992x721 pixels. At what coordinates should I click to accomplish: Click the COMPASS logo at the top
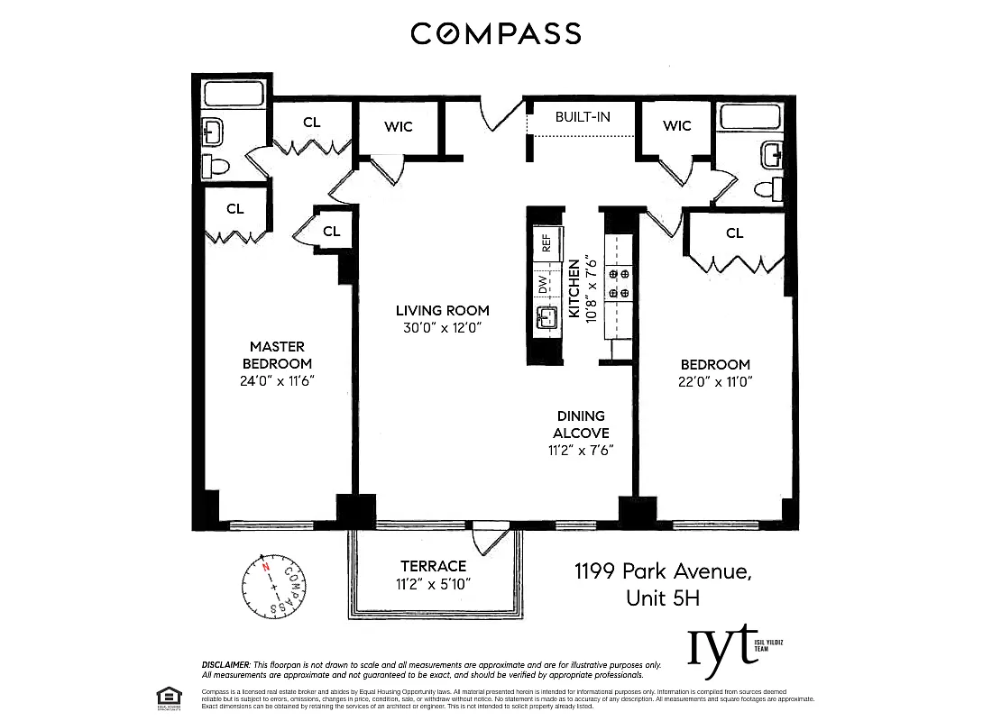pyautogui.click(x=495, y=34)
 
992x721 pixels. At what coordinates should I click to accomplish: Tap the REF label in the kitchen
pyautogui.click(x=546, y=242)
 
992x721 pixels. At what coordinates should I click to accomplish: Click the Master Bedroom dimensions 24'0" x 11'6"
pyautogui.click(x=277, y=380)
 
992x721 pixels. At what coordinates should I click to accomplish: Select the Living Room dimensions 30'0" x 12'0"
pyautogui.click(x=442, y=328)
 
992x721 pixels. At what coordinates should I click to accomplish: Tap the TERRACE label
pyautogui.click(x=434, y=566)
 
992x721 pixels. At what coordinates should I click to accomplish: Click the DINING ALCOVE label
pyautogui.click(x=582, y=424)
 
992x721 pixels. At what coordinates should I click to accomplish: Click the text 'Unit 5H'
pyautogui.click(x=663, y=598)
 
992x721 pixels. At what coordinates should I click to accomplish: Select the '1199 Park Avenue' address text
pyautogui.click(x=663, y=570)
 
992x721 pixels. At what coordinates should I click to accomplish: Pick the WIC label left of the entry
pyautogui.click(x=398, y=126)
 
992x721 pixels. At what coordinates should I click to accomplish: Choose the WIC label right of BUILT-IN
pyautogui.click(x=676, y=125)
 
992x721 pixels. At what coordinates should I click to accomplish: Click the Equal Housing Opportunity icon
pyautogui.click(x=166, y=696)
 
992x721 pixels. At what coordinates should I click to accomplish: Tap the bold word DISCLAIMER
pyautogui.click(x=226, y=665)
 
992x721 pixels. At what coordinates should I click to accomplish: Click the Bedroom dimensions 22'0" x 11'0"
pyautogui.click(x=715, y=381)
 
